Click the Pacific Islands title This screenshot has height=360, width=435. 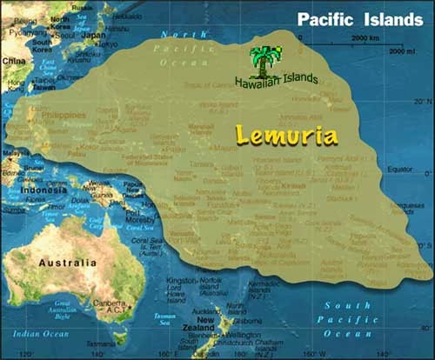point(359,19)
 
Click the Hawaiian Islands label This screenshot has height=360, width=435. point(276,80)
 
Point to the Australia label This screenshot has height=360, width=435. point(67,262)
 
